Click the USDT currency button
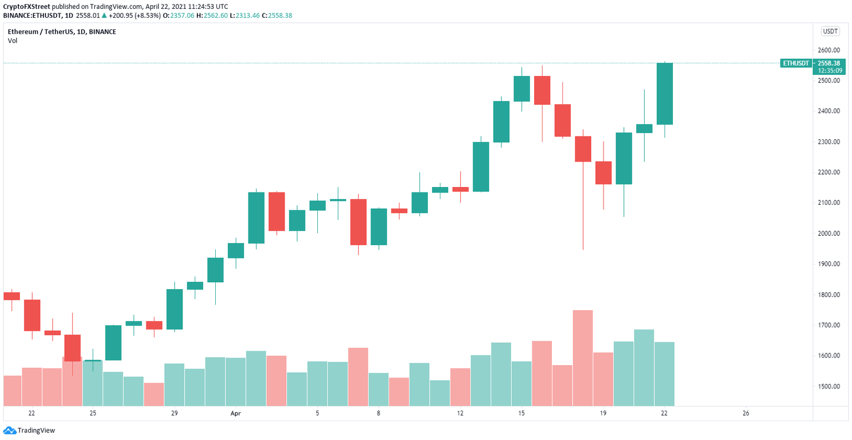point(830,32)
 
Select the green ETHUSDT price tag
point(795,63)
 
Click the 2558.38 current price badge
point(829,63)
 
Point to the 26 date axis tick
point(745,413)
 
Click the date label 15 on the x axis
point(521,413)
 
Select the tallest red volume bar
point(583,358)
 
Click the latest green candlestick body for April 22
point(665,94)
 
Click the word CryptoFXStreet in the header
point(27,7)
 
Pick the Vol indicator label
point(12,41)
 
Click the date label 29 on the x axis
point(174,413)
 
